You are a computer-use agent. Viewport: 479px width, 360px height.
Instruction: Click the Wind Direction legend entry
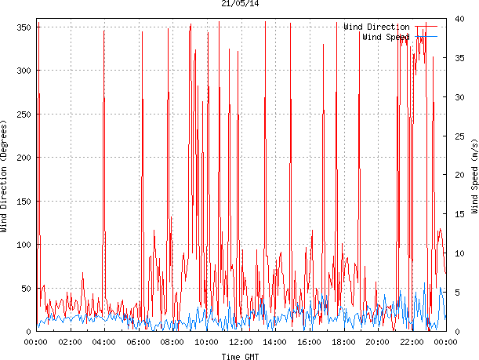click(376, 27)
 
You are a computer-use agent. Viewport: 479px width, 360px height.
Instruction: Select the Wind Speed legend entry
click(386, 36)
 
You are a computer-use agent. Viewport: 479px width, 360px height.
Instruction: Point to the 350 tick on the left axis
click(23, 27)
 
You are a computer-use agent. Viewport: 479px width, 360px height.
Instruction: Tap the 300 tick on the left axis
click(23, 71)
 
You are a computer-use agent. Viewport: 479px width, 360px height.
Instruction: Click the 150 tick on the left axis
click(23, 202)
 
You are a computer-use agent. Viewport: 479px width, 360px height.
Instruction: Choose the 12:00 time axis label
click(241, 342)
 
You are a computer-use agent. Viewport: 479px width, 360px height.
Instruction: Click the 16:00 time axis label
click(309, 342)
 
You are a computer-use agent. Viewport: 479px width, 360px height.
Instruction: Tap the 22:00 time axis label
click(412, 342)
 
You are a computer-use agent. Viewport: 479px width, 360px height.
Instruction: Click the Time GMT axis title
click(240, 356)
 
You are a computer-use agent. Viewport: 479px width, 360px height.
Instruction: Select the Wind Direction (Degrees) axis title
click(5, 176)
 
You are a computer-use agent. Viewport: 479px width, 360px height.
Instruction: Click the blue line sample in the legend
click(426, 36)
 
